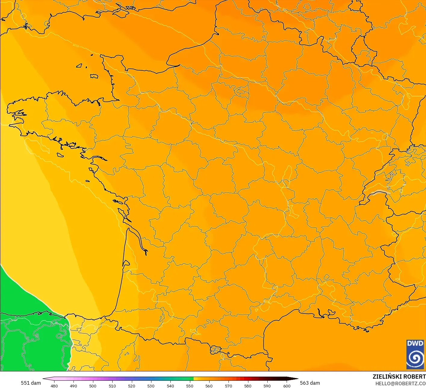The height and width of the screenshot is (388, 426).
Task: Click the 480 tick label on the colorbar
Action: pyautogui.click(x=54, y=386)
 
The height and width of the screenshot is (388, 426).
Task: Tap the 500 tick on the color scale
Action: pyautogui.click(x=93, y=386)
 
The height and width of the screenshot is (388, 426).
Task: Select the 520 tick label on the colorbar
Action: pyautogui.click(x=132, y=386)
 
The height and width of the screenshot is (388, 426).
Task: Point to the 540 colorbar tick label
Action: pyautogui.click(x=170, y=386)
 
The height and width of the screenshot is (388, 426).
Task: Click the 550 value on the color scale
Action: pyautogui.click(x=190, y=386)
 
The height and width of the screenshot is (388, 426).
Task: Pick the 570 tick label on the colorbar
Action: pyautogui.click(x=229, y=386)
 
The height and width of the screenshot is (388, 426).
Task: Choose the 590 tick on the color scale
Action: pyautogui.click(x=267, y=386)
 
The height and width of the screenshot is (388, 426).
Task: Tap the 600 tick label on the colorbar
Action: pyautogui.click(x=287, y=386)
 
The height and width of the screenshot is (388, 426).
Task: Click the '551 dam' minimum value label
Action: pyautogui.click(x=31, y=383)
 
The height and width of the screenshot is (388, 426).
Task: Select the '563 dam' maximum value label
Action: pyautogui.click(x=310, y=383)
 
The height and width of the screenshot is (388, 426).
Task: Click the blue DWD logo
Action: pyautogui.click(x=415, y=354)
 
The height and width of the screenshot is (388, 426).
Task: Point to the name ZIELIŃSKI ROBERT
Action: pyautogui.click(x=399, y=377)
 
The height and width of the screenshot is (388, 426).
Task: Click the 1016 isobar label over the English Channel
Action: pyautogui.click(x=76, y=46)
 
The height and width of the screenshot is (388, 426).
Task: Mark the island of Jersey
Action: pyautogui.click(x=94, y=76)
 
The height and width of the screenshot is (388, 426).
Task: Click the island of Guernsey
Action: pyautogui.click(x=79, y=65)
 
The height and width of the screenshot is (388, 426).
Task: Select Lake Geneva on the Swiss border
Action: pyautogui.click(x=380, y=193)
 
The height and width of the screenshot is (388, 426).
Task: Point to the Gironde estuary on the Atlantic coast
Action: pyautogui.click(x=137, y=238)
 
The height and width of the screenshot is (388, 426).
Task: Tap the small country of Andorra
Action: pyautogui.click(x=216, y=350)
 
